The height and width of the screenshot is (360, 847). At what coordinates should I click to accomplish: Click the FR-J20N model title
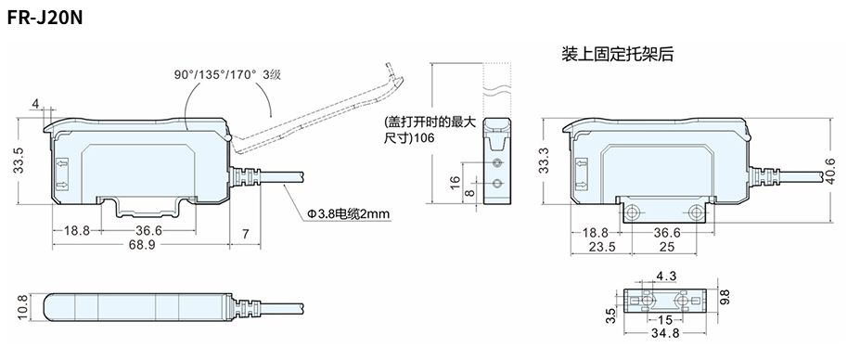point(45,19)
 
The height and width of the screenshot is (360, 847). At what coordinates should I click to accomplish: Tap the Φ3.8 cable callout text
point(349,215)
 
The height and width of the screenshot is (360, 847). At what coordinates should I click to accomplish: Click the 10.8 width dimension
point(22,307)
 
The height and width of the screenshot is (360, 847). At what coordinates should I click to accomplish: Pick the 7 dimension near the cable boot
point(245,234)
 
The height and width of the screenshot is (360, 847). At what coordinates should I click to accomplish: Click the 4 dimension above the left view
point(35,103)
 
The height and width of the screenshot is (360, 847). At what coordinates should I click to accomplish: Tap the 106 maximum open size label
point(425,138)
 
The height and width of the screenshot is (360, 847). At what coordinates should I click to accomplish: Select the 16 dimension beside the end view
point(455,183)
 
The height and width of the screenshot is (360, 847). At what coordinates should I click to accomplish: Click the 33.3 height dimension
point(544,161)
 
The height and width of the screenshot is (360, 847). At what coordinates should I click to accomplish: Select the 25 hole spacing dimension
point(668,247)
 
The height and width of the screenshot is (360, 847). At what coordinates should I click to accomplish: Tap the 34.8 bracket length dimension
point(664,333)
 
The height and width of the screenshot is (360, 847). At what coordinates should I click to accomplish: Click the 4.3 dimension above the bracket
point(665,276)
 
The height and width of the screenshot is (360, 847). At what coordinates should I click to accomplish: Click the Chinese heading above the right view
point(618,54)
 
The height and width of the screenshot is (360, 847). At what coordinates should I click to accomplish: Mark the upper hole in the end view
point(497,162)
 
